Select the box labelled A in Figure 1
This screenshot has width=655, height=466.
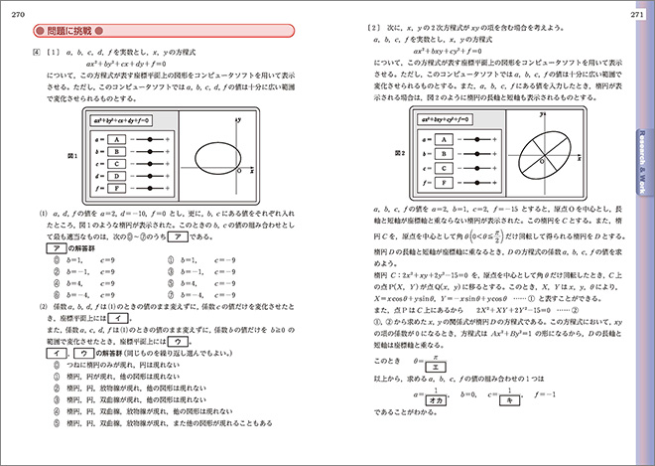[x=117, y=140]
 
